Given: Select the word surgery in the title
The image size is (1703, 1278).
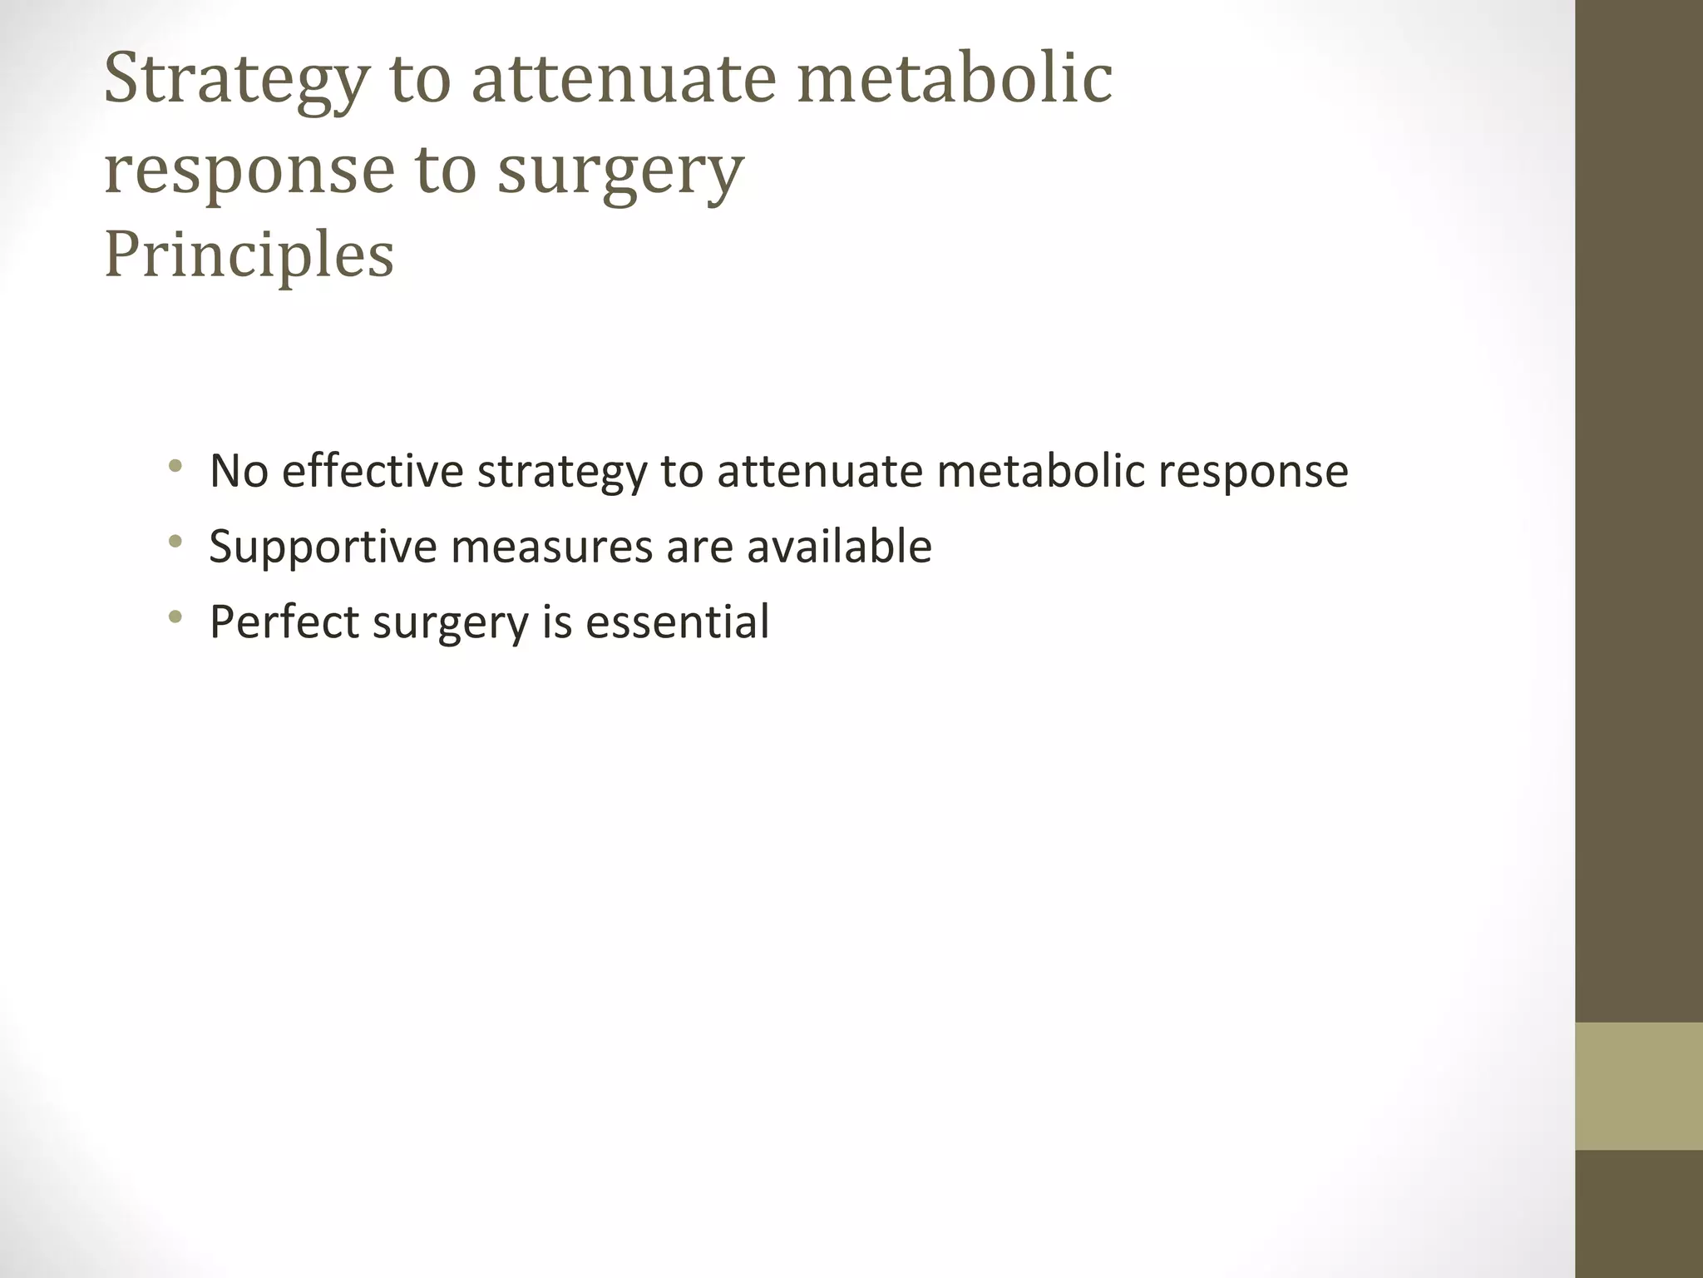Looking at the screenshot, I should pyautogui.click(x=619, y=171).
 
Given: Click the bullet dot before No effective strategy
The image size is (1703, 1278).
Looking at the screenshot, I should pyautogui.click(x=175, y=466).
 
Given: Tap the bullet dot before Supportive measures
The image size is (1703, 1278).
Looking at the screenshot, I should pyautogui.click(x=175, y=542).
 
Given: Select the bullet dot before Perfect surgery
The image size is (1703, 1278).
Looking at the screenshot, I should pyautogui.click(x=175, y=617).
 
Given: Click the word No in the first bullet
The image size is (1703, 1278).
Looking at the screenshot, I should pyautogui.click(x=238, y=471).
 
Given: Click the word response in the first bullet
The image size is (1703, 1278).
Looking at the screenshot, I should pyautogui.click(x=1252, y=473).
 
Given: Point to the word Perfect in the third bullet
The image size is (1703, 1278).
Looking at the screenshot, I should pyautogui.click(x=284, y=622).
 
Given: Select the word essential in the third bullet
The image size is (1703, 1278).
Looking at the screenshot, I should pyautogui.click(x=677, y=622).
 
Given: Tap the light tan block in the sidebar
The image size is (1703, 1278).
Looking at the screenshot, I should pyautogui.click(x=1638, y=1086).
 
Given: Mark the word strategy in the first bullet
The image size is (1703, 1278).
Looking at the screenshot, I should pyautogui.click(x=561, y=473).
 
